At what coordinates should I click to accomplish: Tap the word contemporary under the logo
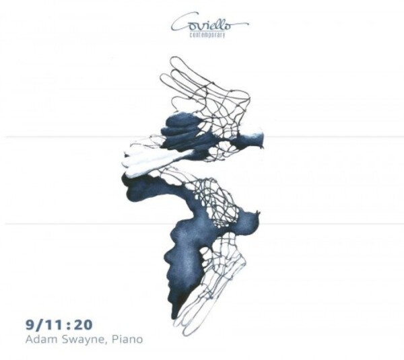point(207,34)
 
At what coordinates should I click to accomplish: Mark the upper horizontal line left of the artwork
point(67,137)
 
